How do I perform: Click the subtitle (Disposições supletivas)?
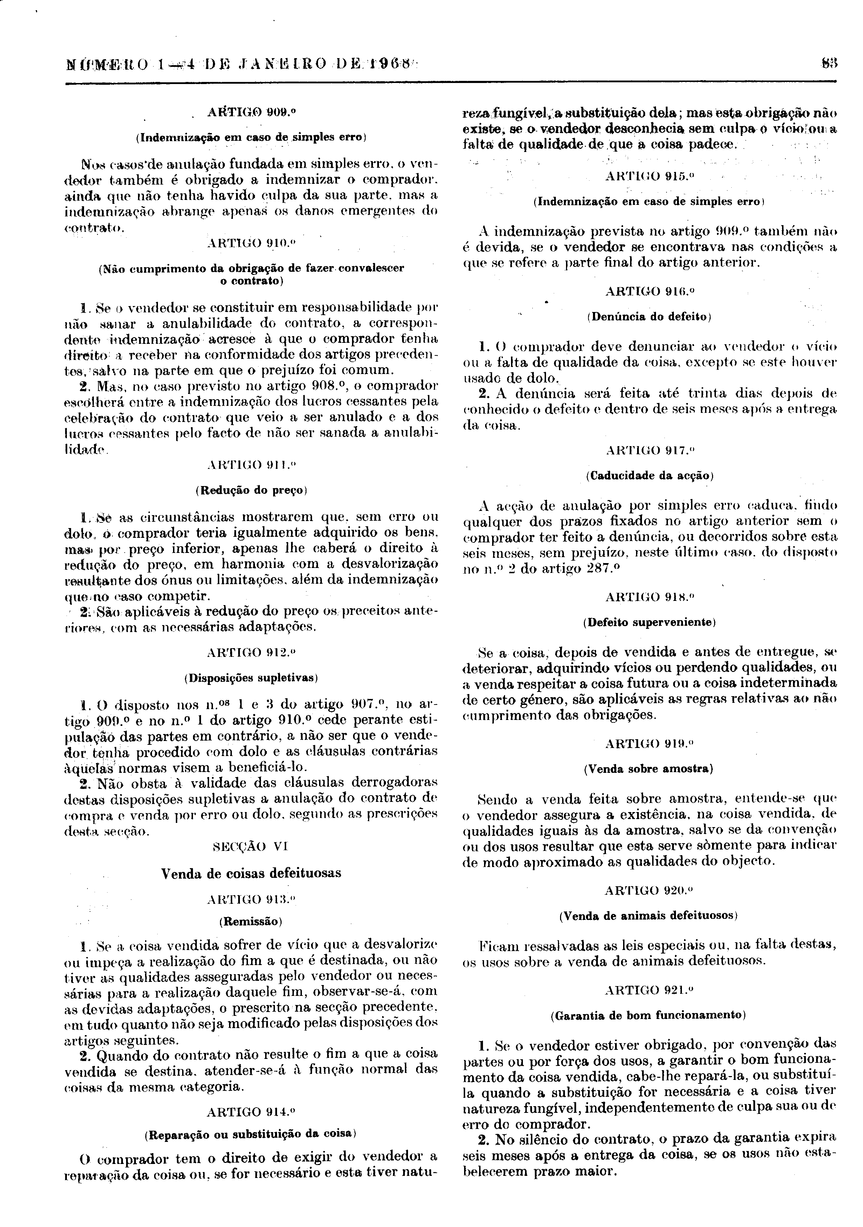click(x=251, y=678)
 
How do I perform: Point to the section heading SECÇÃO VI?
click(x=251, y=847)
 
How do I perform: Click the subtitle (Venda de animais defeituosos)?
click(x=649, y=915)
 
